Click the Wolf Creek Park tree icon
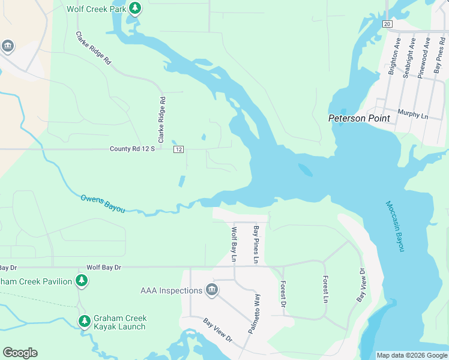click(x=136, y=8)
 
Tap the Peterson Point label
click(x=359, y=118)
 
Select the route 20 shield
click(x=387, y=23)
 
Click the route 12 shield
click(x=179, y=149)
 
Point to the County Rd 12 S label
click(x=132, y=149)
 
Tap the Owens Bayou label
click(x=103, y=203)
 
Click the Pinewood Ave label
click(x=427, y=56)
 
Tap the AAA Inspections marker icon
click(x=211, y=290)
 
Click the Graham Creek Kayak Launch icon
click(x=85, y=322)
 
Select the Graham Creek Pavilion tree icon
click(x=82, y=281)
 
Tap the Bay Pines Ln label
click(x=256, y=244)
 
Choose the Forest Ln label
click(x=325, y=289)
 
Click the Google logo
click(x=20, y=353)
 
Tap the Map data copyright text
click(x=411, y=355)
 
